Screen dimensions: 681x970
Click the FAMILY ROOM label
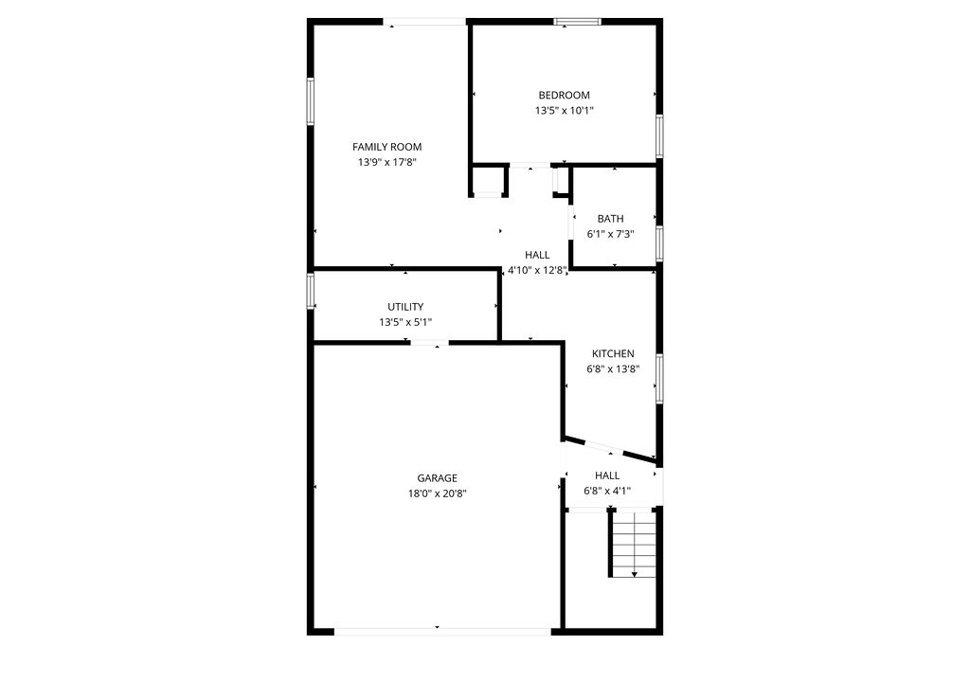(386, 147)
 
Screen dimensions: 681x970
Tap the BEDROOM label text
(564, 95)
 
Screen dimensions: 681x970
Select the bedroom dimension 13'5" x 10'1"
(564, 111)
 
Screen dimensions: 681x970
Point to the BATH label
(610, 219)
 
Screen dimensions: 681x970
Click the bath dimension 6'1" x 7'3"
(610, 234)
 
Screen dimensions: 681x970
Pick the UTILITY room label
(405, 307)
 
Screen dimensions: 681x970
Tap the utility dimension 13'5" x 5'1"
(405, 322)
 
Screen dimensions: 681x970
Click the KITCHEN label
(613, 354)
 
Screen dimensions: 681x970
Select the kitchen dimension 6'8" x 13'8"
(613, 369)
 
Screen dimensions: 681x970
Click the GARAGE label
(437, 478)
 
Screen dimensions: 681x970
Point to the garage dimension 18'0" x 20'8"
(437, 493)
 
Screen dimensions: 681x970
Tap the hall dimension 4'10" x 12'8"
(537, 270)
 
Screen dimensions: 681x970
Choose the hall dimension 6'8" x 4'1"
(607, 491)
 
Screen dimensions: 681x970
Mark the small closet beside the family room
(488, 180)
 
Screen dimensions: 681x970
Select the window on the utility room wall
(310, 291)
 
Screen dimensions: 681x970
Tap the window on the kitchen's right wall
(659, 378)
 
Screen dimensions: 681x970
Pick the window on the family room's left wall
(310, 101)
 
